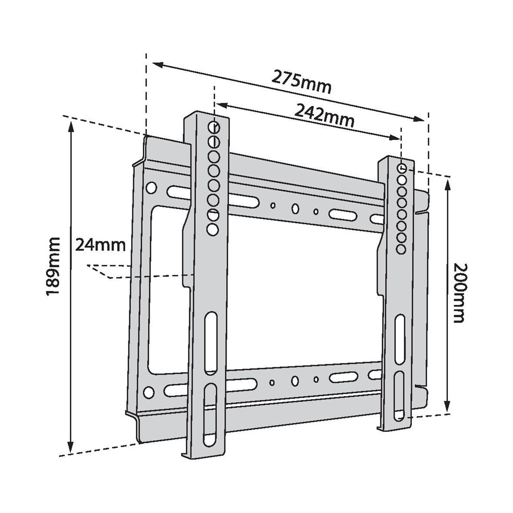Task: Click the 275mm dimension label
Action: coord(301,82)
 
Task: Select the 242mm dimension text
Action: coord(324,116)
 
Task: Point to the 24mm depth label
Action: coord(100,245)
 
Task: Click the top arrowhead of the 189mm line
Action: coord(71,124)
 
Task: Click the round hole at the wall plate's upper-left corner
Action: coord(151,187)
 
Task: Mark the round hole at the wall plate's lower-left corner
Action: coord(149,392)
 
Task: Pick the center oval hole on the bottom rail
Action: coord(294,380)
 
